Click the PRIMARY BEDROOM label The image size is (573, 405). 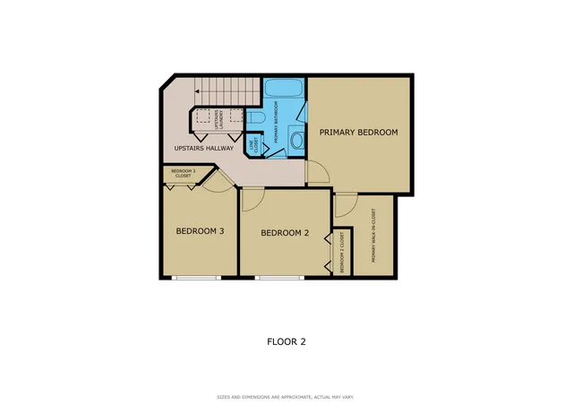tap(358, 133)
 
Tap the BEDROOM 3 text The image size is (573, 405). tap(199, 231)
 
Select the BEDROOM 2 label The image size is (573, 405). tap(284, 234)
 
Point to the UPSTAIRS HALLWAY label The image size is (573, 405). tap(203, 148)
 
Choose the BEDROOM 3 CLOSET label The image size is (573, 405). tap(182, 173)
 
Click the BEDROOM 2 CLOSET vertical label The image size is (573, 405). tap(341, 253)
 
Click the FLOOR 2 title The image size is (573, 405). tap(286, 340)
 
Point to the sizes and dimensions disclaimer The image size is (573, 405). tap(286, 396)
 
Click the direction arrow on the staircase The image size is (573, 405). tap(197, 91)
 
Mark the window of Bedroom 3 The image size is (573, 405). tap(196, 277)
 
